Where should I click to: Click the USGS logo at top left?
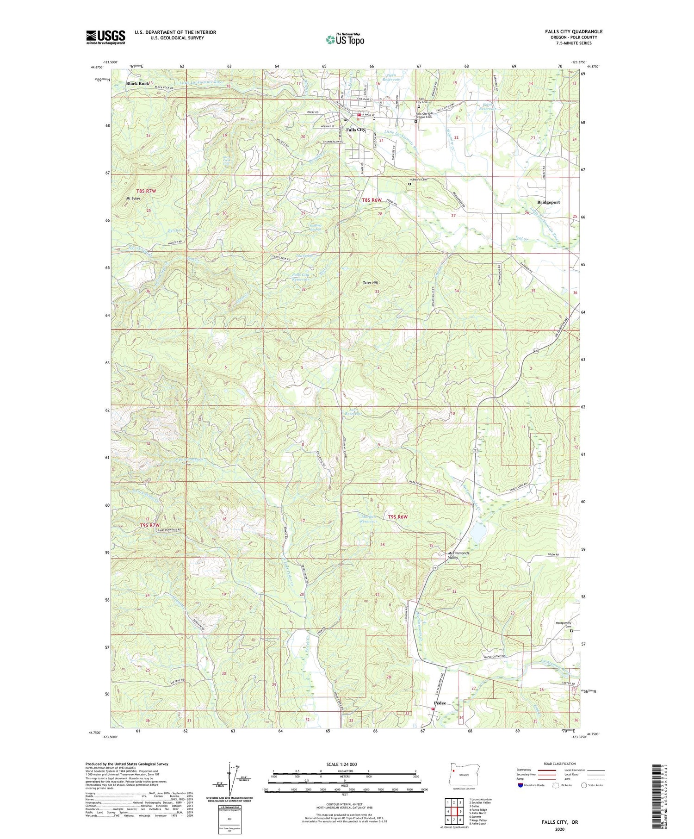[105, 37]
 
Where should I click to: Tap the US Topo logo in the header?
[345, 39]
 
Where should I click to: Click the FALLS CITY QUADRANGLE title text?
[573, 31]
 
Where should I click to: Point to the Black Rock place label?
[137, 84]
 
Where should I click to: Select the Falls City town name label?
[355, 130]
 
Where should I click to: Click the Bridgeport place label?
[548, 202]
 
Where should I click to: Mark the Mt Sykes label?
[134, 198]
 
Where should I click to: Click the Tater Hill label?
[370, 282]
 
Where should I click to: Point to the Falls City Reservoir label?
[301, 277]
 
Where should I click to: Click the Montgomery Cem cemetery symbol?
[571, 631]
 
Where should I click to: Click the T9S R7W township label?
[149, 525]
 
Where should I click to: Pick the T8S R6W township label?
[372, 200]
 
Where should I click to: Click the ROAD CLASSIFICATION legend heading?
[560, 764]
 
